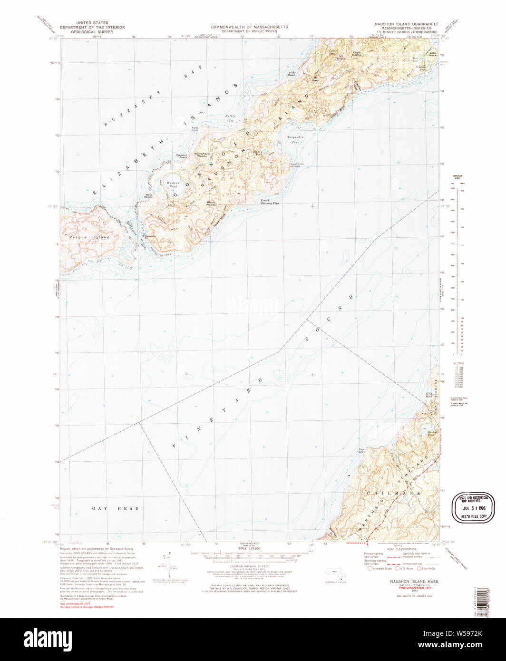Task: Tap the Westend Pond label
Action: (172, 185)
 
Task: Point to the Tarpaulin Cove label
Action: (293, 140)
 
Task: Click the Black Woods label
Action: (211, 203)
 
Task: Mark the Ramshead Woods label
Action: (201, 155)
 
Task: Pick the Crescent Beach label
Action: (182, 156)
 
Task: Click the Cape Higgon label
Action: (361, 451)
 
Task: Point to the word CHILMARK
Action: (394, 494)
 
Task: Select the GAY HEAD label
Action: (116, 508)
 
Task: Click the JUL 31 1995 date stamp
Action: (473, 507)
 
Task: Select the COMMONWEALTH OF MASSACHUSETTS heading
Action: (249, 27)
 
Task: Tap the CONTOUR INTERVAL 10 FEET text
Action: (249, 566)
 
